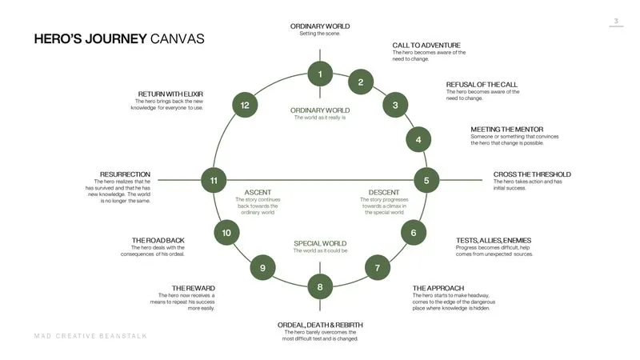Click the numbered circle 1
click(x=320, y=74)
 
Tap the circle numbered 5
click(x=426, y=181)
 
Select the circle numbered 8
click(x=320, y=286)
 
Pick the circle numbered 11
click(x=214, y=181)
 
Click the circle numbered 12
click(x=245, y=105)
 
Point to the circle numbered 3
click(x=395, y=105)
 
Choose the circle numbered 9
click(x=262, y=268)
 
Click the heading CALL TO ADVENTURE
click(x=426, y=45)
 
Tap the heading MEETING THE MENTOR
click(x=506, y=129)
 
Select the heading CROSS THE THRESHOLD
click(x=532, y=174)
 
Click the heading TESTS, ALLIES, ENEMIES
click(x=493, y=240)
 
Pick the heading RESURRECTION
click(x=125, y=174)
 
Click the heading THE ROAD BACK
click(x=158, y=240)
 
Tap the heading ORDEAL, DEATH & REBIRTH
click(x=320, y=325)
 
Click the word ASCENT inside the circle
click(x=258, y=192)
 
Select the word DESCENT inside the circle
click(x=384, y=192)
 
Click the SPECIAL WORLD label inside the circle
click(x=320, y=243)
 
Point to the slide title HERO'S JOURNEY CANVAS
click(x=119, y=38)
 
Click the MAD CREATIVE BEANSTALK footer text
click(x=90, y=336)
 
